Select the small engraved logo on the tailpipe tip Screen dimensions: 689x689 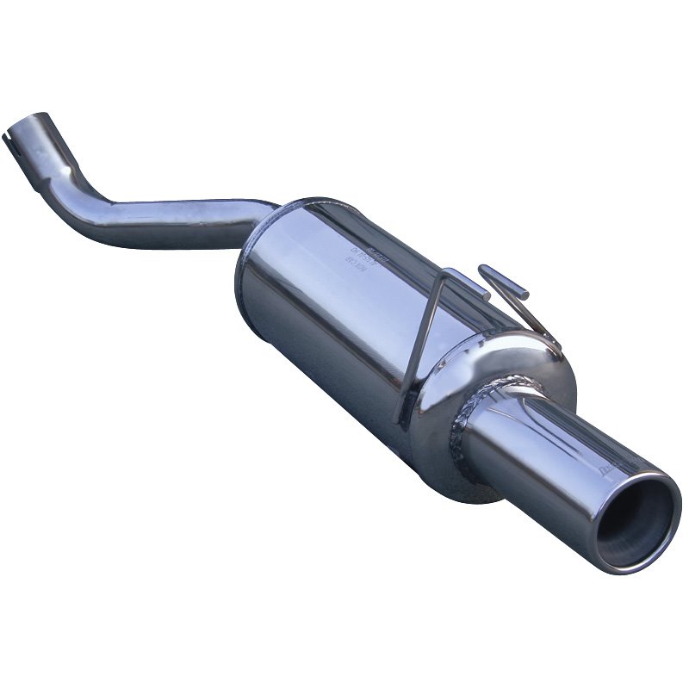click(610, 468)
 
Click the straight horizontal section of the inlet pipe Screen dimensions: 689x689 click(189, 220)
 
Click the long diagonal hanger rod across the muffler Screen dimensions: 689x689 click(422, 344)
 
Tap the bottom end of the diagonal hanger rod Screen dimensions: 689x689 click(398, 419)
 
